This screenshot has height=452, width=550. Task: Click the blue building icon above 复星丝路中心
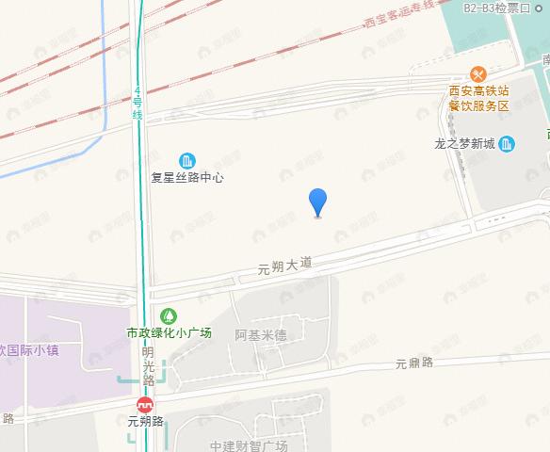[187, 159]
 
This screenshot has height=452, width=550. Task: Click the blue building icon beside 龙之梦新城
[508, 144]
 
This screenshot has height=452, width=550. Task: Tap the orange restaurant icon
[478, 74]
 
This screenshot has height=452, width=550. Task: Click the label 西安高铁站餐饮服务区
[478, 99]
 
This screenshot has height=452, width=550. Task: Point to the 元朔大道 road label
[284, 266]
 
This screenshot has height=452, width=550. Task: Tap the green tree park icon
[170, 315]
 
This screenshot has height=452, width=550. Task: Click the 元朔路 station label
[146, 421]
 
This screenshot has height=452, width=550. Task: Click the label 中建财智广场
[248, 444]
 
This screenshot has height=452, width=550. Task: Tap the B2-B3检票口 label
[497, 8]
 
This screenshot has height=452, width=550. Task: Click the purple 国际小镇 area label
[29, 350]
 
